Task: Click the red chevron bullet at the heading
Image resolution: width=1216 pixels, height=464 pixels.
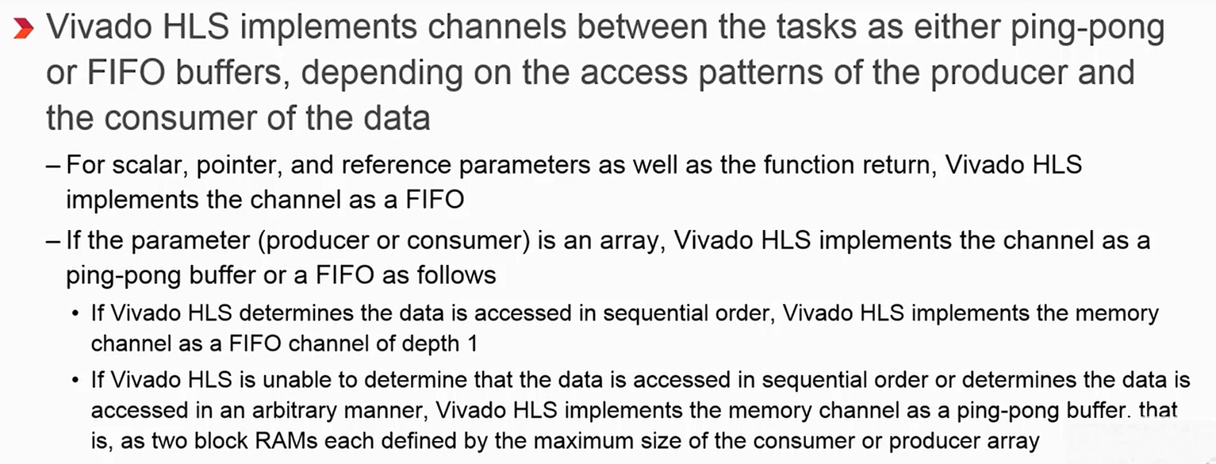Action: pos(23,29)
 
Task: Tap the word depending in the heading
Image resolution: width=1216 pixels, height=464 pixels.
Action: pos(373,73)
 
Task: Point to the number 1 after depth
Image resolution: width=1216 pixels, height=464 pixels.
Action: pos(474,344)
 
